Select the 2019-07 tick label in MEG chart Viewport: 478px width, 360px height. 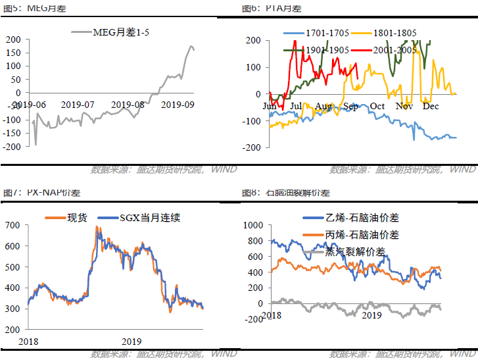78,105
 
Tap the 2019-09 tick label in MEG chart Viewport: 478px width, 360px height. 178,105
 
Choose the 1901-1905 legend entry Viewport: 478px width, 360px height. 327,50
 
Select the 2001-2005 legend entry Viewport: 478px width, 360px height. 393,50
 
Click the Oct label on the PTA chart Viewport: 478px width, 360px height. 377,107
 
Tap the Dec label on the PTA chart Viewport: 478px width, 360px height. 431,107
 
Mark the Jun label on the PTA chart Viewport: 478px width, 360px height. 270,107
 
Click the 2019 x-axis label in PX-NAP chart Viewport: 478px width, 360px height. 131,342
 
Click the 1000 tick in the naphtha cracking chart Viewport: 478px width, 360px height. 252,225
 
